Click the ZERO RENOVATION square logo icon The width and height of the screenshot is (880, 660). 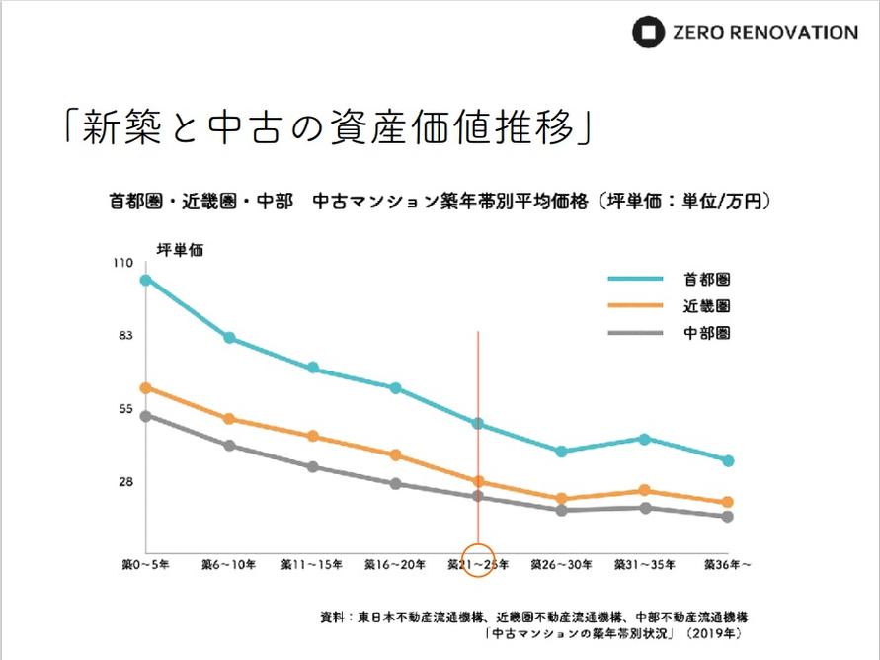[x=648, y=32]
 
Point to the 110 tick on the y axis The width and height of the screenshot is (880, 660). [x=121, y=264]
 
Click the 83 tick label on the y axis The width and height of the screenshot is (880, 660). [x=125, y=336]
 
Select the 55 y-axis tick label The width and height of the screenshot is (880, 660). [x=125, y=409]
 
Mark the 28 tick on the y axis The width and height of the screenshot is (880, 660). [x=125, y=482]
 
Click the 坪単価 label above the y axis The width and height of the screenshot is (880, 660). [x=179, y=249]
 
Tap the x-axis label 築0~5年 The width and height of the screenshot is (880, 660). [x=145, y=565]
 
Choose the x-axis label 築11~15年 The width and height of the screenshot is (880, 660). [x=312, y=565]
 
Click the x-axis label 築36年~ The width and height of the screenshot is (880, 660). [x=728, y=565]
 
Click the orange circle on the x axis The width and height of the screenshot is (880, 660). [x=478, y=560]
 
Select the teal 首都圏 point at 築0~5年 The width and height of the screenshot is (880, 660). [x=146, y=280]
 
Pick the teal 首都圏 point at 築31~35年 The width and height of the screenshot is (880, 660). [x=644, y=439]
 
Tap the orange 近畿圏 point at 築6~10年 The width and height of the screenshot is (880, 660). [x=229, y=419]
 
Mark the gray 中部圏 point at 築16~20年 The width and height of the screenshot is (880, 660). [x=395, y=484]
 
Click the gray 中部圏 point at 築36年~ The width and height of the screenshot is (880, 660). [x=728, y=517]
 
